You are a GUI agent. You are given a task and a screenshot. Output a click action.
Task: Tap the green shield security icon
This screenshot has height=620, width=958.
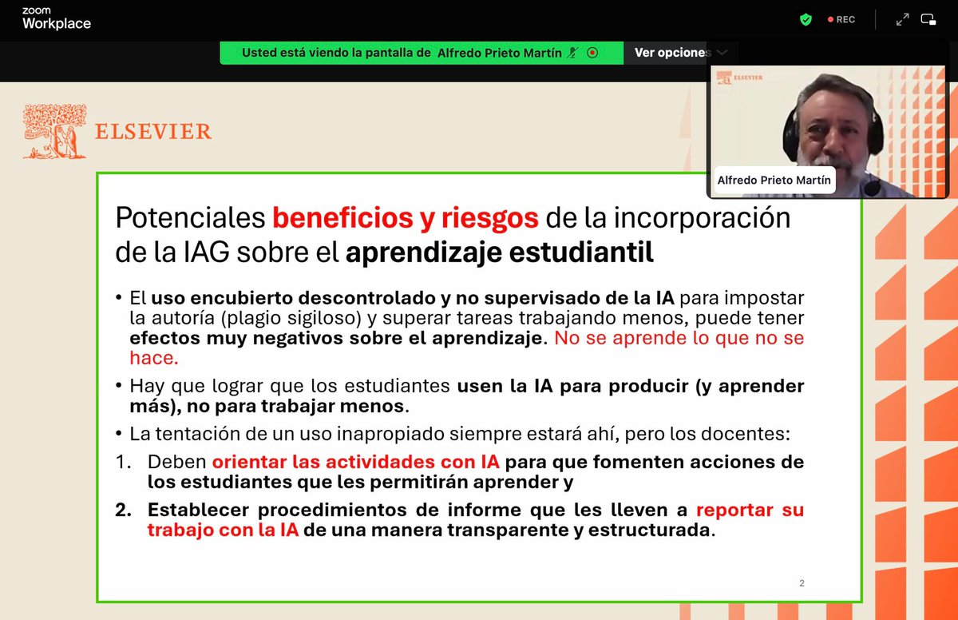tap(806, 19)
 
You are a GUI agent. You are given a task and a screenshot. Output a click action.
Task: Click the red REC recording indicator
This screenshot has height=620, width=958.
tap(841, 19)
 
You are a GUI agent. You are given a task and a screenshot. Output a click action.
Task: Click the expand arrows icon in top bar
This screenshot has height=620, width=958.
tap(902, 19)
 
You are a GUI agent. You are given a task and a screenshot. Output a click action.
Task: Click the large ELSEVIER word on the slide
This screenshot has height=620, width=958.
tap(153, 132)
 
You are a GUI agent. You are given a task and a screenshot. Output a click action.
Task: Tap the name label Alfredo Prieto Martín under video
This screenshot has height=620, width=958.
tap(774, 181)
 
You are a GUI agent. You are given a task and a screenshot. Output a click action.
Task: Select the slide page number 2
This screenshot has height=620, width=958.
tap(802, 583)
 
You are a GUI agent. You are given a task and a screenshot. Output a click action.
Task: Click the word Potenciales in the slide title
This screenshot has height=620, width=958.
tap(189, 217)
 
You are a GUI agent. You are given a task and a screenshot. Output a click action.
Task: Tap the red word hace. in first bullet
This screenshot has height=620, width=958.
tap(154, 359)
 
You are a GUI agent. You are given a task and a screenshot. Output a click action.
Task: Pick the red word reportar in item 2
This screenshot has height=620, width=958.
tap(734, 510)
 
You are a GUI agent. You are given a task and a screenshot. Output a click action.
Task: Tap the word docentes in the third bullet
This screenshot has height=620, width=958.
tap(746, 435)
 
